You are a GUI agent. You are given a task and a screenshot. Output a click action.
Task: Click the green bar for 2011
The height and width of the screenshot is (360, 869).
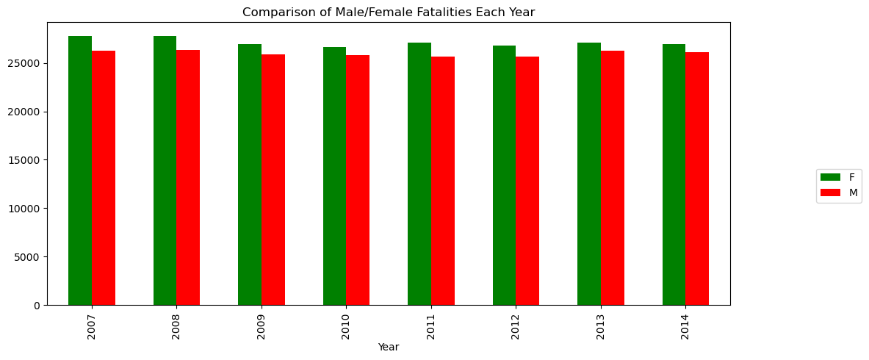[419, 173]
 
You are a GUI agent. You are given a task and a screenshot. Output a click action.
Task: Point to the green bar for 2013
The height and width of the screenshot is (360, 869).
[589, 173]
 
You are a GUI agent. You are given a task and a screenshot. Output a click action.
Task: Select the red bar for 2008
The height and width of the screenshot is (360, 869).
[188, 177]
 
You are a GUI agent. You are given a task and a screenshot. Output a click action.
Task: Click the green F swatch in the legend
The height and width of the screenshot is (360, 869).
[830, 177]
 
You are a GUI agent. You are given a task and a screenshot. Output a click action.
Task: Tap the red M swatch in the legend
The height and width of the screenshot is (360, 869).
[830, 192]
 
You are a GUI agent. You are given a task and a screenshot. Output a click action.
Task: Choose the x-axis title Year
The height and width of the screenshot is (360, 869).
[389, 347]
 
